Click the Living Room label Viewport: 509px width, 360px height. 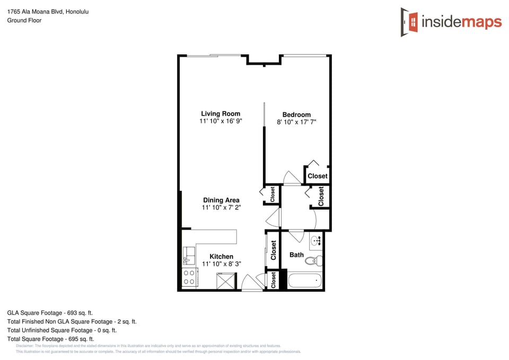coord(221,113)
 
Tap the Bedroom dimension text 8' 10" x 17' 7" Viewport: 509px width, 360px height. coord(296,122)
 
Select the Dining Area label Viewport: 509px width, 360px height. coord(221,200)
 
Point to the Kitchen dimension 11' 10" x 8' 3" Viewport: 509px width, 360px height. coord(221,264)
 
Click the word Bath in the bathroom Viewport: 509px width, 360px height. coord(296,255)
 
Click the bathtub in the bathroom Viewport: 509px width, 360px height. coord(304,280)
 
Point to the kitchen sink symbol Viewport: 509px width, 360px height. coord(189,256)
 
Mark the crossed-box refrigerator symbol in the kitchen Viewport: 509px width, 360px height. coord(226,280)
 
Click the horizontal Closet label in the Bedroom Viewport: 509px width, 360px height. coord(318,176)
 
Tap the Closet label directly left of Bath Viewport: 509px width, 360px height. coord(274,250)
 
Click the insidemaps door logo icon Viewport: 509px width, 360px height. coord(409,22)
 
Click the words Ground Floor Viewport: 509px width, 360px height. coord(24,20)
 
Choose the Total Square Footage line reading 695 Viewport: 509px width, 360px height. coord(50,339)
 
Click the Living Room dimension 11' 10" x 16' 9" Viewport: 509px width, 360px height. coord(221,121)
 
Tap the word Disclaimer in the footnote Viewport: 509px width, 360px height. coord(24,346)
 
